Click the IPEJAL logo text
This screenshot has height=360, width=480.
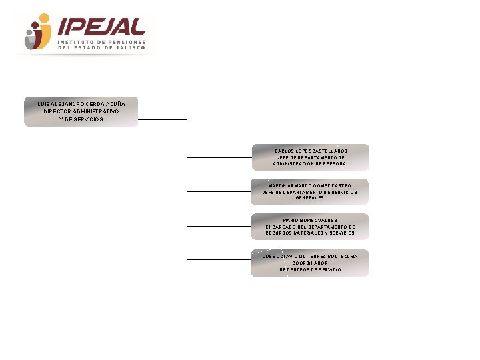pyautogui.click(x=101, y=26)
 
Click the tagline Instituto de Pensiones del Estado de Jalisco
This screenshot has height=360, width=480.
pyautogui.click(x=101, y=45)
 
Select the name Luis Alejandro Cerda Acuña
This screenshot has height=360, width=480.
pyautogui.click(x=81, y=104)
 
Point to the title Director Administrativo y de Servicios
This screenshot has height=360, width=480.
pyautogui.click(x=81, y=115)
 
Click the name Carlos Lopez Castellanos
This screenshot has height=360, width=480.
pyautogui.click(x=311, y=151)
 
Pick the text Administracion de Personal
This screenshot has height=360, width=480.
pyautogui.click(x=311, y=164)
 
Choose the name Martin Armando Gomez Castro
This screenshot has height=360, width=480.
pyautogui.click(x=309, y=185)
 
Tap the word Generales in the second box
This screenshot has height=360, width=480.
pyautogui.click(x=309, y=198)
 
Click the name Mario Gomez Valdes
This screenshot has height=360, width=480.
pyautogui.click(x=310, y=220)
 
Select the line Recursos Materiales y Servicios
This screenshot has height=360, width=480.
pyautogui.click(x=310, y=233)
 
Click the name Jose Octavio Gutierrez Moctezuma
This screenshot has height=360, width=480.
pyautogui.click(x=310, y=256)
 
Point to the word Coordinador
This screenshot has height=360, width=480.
pyautogui.click(x=310, y=263)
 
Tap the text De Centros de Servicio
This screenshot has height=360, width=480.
pyautogui.click(x=310, y=270)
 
